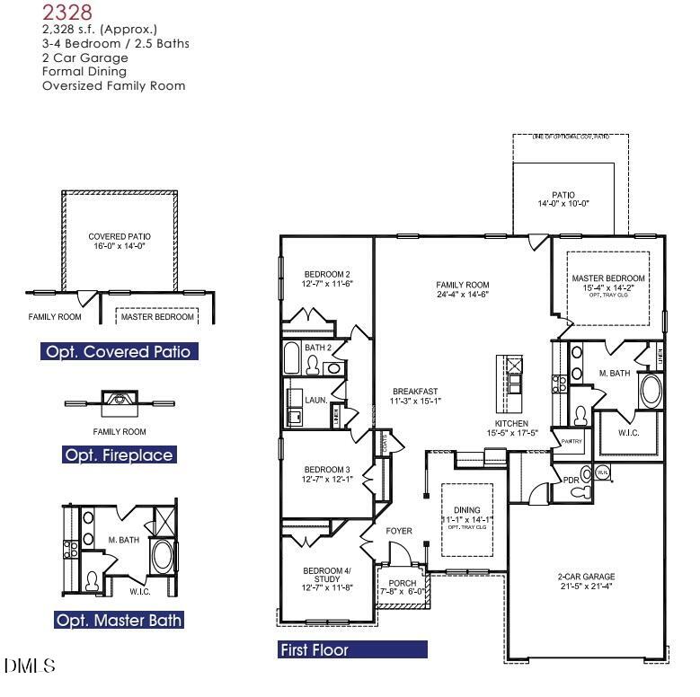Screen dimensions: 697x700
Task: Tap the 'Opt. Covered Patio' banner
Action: [120, 351]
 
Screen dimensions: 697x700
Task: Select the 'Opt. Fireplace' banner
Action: [119, 455]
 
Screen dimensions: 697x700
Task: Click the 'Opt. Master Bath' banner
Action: [120, 620]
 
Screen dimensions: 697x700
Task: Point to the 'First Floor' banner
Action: [352, 649]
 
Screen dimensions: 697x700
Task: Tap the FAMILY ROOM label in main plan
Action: [463, 289]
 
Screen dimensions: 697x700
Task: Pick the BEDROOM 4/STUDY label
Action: [327, 579]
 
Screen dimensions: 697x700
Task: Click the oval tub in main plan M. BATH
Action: [650, 393]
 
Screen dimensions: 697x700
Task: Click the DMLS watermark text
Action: [30, 666]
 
